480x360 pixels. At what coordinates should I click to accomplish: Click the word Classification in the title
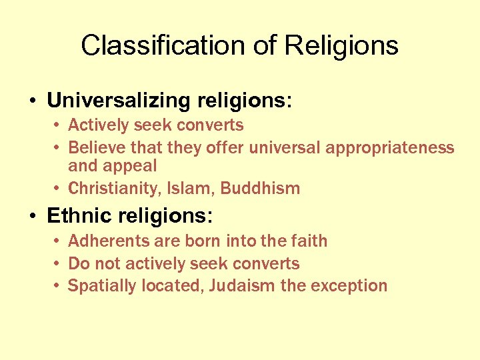(166, 46)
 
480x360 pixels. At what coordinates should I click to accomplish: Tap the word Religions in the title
(341, 46)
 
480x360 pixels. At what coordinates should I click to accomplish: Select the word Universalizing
(119, 101)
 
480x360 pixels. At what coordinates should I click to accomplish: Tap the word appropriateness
(390, 147)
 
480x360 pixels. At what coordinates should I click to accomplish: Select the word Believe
(93, 147)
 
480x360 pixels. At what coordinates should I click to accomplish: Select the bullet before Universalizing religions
(33, 101)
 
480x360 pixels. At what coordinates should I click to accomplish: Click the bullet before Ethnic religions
(33, 217)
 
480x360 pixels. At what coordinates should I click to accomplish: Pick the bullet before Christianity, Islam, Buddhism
(59, 189)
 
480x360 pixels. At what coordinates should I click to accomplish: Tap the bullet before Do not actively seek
(59, 263)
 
